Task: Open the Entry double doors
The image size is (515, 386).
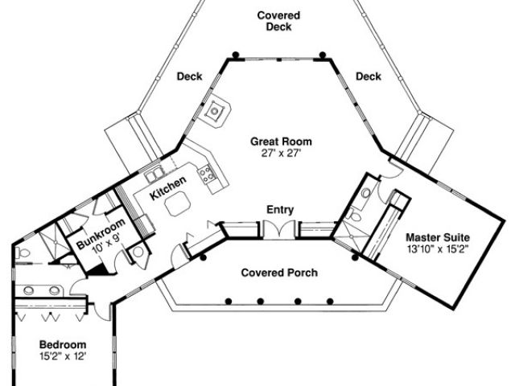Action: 279,228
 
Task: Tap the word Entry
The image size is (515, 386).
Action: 279,211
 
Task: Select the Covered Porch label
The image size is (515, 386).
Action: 279,273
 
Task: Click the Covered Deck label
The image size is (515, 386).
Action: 278,21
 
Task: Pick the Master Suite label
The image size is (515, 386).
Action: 436,237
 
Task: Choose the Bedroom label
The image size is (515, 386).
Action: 61,344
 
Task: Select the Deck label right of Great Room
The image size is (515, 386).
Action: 368,77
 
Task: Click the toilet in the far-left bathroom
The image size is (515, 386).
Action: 23,254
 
